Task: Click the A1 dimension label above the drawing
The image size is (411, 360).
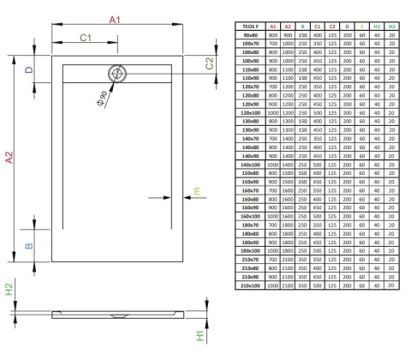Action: point(115,19)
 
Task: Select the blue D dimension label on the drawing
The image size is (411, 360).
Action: point(28,70)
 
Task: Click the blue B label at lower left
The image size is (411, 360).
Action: point(28,247)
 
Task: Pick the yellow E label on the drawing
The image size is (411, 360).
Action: point(196,192)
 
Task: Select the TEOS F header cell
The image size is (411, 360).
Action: point(251,27)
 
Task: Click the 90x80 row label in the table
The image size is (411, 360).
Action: point(251,35)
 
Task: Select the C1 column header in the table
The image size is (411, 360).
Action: point(319,27)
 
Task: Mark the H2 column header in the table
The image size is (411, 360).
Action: point(391,27)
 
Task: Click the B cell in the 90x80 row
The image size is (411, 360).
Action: point(303,35)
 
